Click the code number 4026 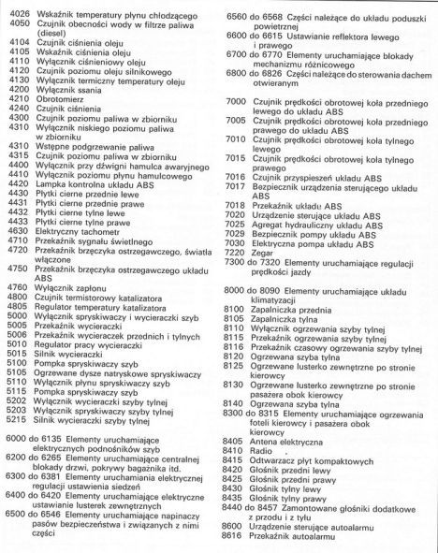tap(19, 10)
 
